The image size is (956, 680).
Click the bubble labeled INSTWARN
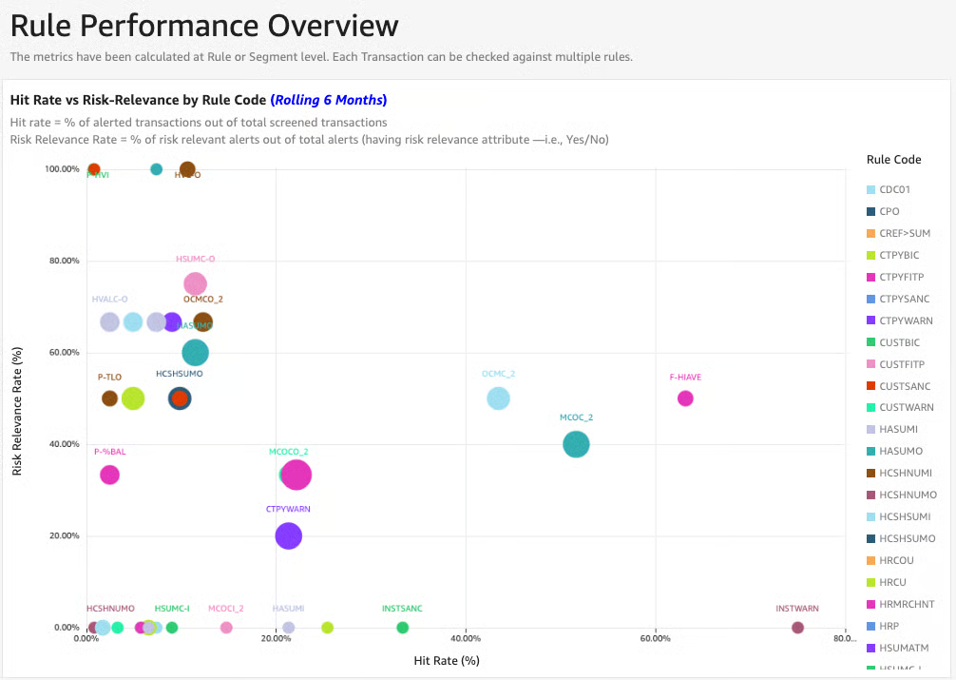797,628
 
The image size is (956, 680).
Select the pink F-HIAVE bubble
685,398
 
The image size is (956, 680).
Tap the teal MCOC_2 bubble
576,444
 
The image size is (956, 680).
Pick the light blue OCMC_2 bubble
498,398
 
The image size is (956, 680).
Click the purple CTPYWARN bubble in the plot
288,536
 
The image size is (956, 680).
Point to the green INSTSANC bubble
402,628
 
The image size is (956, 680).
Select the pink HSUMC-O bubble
195,283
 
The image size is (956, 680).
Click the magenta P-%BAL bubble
109,475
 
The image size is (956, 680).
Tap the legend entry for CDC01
894,189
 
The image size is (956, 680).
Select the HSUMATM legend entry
904,648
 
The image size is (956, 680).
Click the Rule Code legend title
893,160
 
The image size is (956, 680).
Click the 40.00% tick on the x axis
465,639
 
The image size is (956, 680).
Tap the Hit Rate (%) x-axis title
447,660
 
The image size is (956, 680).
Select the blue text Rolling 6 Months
329,100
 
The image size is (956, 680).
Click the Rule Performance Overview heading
204,26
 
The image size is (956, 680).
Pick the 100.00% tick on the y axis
62,169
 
